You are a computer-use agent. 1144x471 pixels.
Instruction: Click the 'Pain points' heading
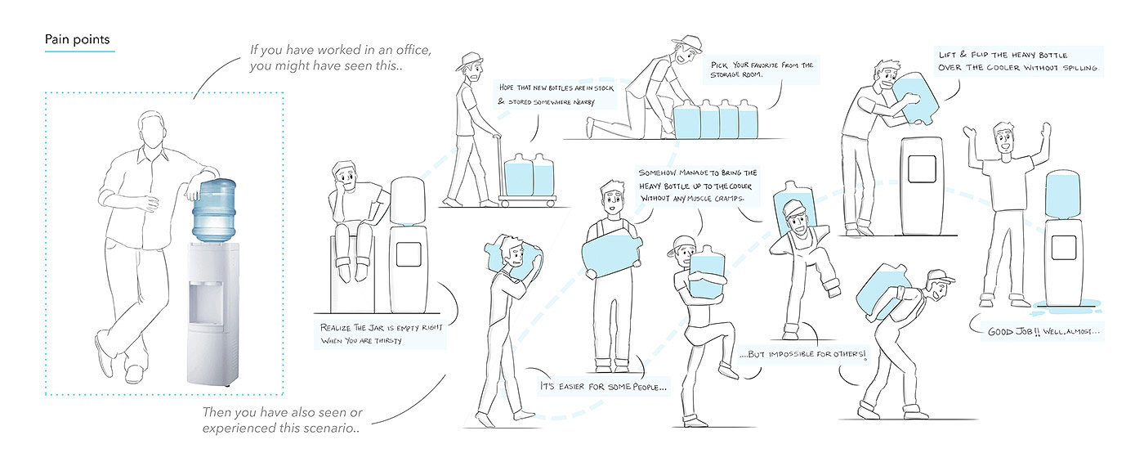pos(79,39)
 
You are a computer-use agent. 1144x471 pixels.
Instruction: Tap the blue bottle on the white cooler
pos(214,208)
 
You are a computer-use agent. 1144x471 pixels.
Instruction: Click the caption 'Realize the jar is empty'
pos(380,334)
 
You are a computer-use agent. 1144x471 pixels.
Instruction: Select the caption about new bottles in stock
pos(545,94)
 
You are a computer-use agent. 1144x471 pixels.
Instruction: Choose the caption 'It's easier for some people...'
pos(602,385)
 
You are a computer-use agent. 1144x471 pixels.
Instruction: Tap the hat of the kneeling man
pos(687,43)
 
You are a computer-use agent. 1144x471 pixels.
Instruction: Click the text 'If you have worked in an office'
pos(340,50)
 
